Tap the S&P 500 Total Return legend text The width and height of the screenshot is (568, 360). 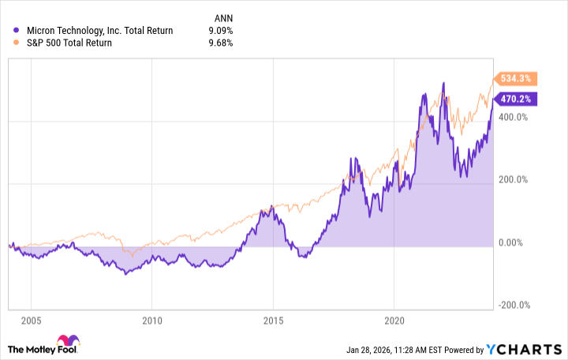click(69, 43)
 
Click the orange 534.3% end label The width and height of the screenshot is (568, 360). click(518, 79)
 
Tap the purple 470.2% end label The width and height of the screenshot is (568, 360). click(518, 99)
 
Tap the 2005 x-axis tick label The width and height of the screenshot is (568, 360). click(31, 321)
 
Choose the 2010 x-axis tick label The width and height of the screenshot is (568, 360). click(152, 321)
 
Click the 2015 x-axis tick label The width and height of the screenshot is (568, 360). click(273, 321)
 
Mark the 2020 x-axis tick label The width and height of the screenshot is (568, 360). click(394, 321)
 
